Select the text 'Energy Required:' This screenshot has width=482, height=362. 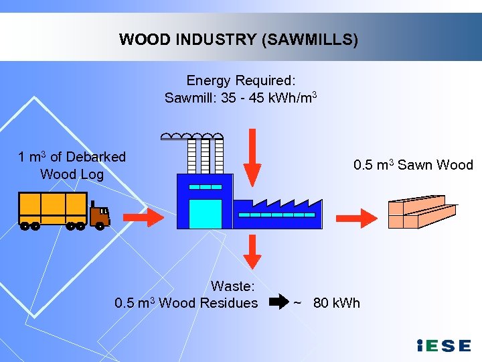click(x=241, y=80)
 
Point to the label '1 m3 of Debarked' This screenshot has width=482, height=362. click(x=72, y=157)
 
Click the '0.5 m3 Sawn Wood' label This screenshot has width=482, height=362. click(x=413, y=165)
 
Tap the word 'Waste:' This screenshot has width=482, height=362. click(x=232, y=286)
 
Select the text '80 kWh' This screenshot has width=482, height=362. click(x=336, y=303)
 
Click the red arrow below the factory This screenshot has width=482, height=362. click(x=252, y=253)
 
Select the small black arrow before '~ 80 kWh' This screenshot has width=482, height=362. click(x=276, y=303)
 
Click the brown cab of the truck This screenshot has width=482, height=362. click(x=100, y=215)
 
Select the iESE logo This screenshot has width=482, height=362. click(x=444, y=345)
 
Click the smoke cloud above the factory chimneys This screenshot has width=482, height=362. click(x=192, y=136)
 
